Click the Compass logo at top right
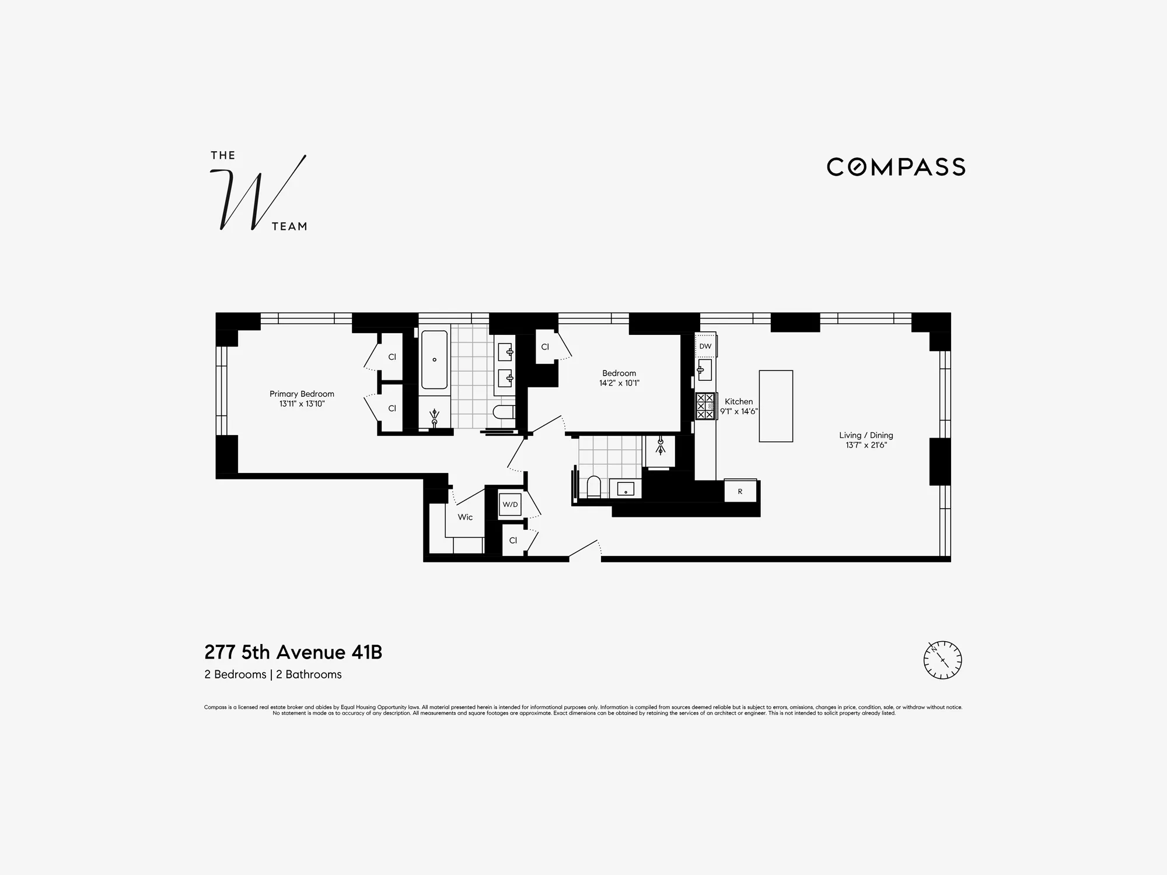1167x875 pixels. tap(896, 167)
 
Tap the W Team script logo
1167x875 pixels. tap(258, 193)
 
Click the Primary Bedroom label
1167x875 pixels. tap(302, 394)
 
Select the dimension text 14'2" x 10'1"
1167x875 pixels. tap(619, 383)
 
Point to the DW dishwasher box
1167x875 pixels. tap(705, 346)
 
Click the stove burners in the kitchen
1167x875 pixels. tap(705, 406)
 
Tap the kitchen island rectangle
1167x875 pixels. tap(775, 406)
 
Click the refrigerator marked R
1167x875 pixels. tap(740, 491)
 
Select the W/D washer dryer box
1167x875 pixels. tap(510, 505)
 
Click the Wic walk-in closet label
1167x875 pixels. tap(465, 517)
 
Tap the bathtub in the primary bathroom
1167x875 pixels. tap(434, 360)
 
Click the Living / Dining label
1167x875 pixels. tap(866, 435)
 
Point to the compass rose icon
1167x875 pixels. tap(942, 660)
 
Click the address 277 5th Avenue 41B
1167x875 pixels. tap(293, 652)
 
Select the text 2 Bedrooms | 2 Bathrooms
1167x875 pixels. tap(273, 674)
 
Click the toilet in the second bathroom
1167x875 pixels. tap(593, 487)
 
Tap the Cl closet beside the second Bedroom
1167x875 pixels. tap(545, 346)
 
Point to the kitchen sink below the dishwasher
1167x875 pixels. tap(704, 369)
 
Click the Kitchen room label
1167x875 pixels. tap(738, 401)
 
